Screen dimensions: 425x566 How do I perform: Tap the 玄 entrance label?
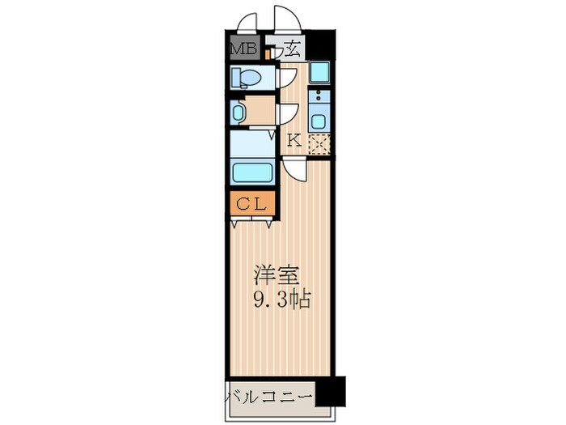pyautogui.click(x=293, y=49)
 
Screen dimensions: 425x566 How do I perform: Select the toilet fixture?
pyautogui.click(x=247, y=78)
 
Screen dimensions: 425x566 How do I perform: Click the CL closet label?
pyautogui.click(x=251, y=203)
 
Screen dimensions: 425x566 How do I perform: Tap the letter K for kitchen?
pyautogui.click(x=294, y=140)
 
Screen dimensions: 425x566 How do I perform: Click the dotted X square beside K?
pyautogui.click(x=320, y=143)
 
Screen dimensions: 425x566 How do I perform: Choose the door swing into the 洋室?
pyautogui.click(x=293, y=170)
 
